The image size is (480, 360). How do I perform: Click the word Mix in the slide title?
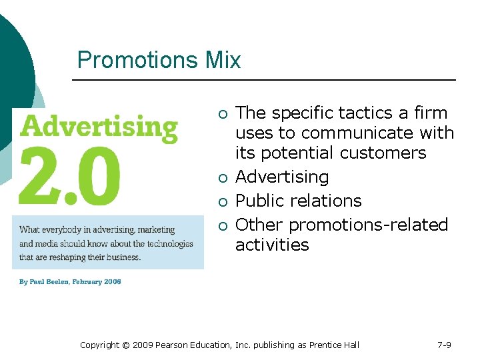click(223, 61)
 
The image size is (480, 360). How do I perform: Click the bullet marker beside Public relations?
click(222, 201)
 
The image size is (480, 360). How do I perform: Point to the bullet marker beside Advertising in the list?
click(222, 177)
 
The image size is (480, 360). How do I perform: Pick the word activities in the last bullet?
click(272, 245)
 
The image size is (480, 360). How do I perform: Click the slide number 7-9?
click(444, 345)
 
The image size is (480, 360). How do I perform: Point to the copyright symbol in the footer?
click(126, 345)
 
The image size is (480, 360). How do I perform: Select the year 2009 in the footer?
click(143, 345)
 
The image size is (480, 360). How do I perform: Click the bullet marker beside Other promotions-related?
click(222, 225)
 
